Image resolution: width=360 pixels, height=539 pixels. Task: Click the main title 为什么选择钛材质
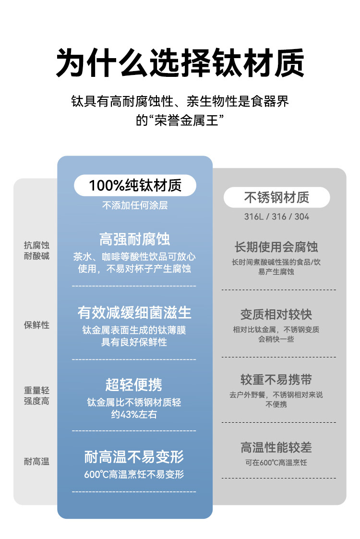[180, 62]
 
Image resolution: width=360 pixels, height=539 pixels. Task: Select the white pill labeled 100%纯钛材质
[135, 185]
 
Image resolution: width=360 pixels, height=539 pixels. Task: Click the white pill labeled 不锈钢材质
[276, 197]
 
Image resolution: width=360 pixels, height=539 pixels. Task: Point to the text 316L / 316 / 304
[276, 217]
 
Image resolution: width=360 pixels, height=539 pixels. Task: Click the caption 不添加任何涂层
[135, 206]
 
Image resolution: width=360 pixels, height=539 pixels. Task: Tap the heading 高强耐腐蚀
[135, 239]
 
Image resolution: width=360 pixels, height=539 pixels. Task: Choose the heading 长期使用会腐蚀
[276, 247]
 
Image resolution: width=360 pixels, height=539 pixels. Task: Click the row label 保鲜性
[36, 325]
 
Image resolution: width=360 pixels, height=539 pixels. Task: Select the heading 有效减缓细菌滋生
[135, 313]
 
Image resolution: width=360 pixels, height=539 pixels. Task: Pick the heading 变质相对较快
[276, 315]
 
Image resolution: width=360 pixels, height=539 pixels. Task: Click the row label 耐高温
[36, 462]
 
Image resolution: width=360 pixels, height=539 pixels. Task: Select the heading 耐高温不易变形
[134, 456]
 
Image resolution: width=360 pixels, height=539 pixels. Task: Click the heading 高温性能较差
[276, 448]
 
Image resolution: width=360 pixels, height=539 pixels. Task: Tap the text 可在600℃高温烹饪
[276, 463]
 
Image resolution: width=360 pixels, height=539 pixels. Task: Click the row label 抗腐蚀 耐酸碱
[36, 251]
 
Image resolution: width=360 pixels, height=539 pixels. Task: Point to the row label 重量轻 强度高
[36, 396]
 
